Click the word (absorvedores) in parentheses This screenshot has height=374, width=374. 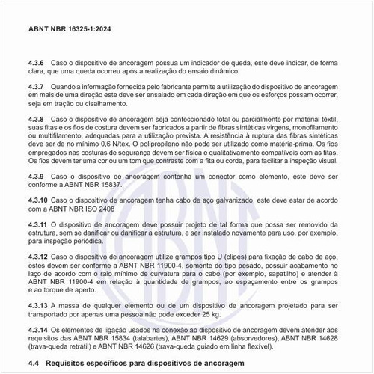(263, 339)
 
